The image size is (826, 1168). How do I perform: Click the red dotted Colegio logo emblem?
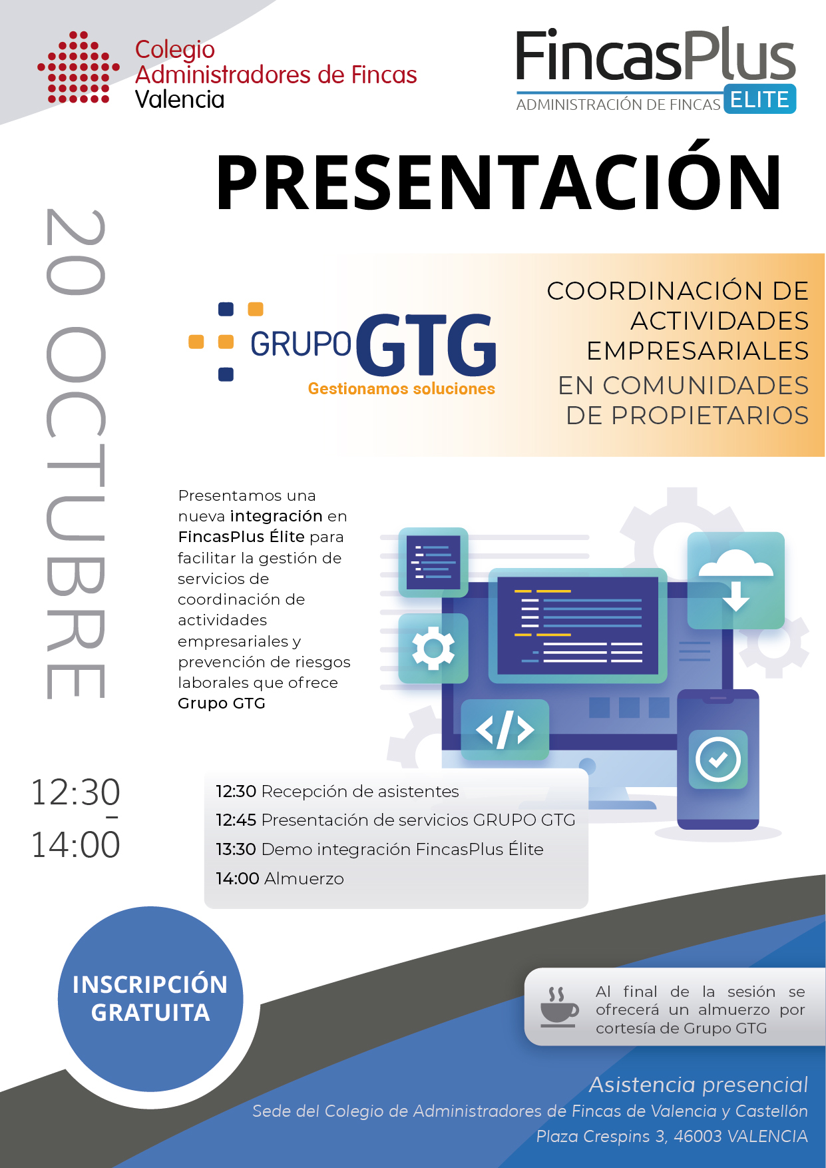point(79,67)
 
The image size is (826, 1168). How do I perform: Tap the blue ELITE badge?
point(759,99)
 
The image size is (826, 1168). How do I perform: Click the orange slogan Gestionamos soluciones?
point(401,389)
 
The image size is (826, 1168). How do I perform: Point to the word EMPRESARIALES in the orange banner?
point(698,351)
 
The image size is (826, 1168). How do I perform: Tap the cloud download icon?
point(736,581)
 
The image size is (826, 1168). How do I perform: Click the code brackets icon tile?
point(505,730)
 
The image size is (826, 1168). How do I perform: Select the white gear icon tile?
point(433,648)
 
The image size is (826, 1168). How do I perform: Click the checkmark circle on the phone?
point(718,759)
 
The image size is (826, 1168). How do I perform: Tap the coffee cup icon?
point(559,1006)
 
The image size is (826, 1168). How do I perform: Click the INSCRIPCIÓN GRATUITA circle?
point(150,999)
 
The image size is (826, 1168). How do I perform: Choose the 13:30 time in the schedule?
point(236,849)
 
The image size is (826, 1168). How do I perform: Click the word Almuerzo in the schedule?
point(304,879)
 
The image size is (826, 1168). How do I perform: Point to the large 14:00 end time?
point(76,844)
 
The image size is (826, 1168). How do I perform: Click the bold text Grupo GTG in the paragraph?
point(222,703)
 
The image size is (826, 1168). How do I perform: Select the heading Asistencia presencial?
point(698,1085)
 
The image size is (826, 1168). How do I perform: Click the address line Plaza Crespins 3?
point(672,1136)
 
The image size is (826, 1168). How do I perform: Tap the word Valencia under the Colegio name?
point(180,99)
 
